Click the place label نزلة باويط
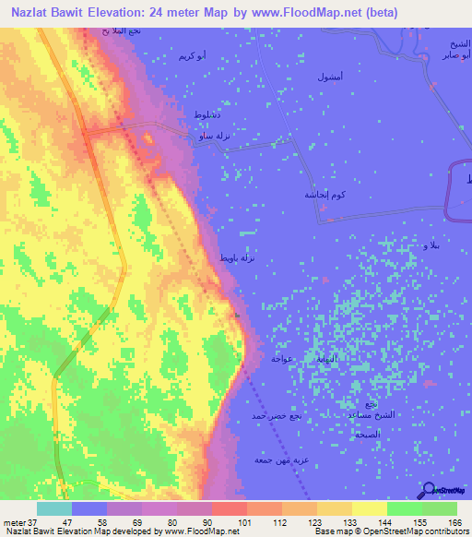pos(236,258)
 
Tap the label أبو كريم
pos(192,57)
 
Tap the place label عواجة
pos(282,356)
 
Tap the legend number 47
pos(54,522)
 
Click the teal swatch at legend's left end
pos(54,508)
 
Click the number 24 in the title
pos(181,14)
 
